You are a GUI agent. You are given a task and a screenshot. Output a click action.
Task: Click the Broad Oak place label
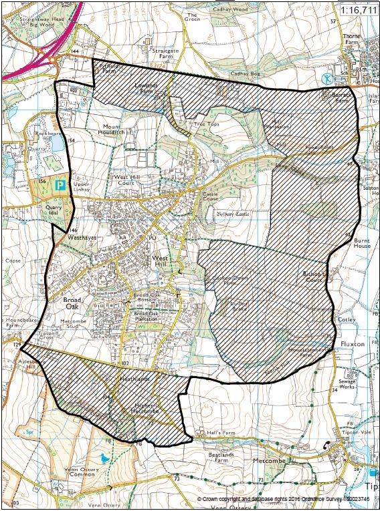pyautogui.click(x=71, y=304)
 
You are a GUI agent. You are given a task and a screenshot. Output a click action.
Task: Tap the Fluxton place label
pyautogui.click(x=353, y=343)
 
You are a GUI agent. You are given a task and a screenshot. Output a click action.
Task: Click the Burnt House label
pyautogui.click(x=362, y=242)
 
